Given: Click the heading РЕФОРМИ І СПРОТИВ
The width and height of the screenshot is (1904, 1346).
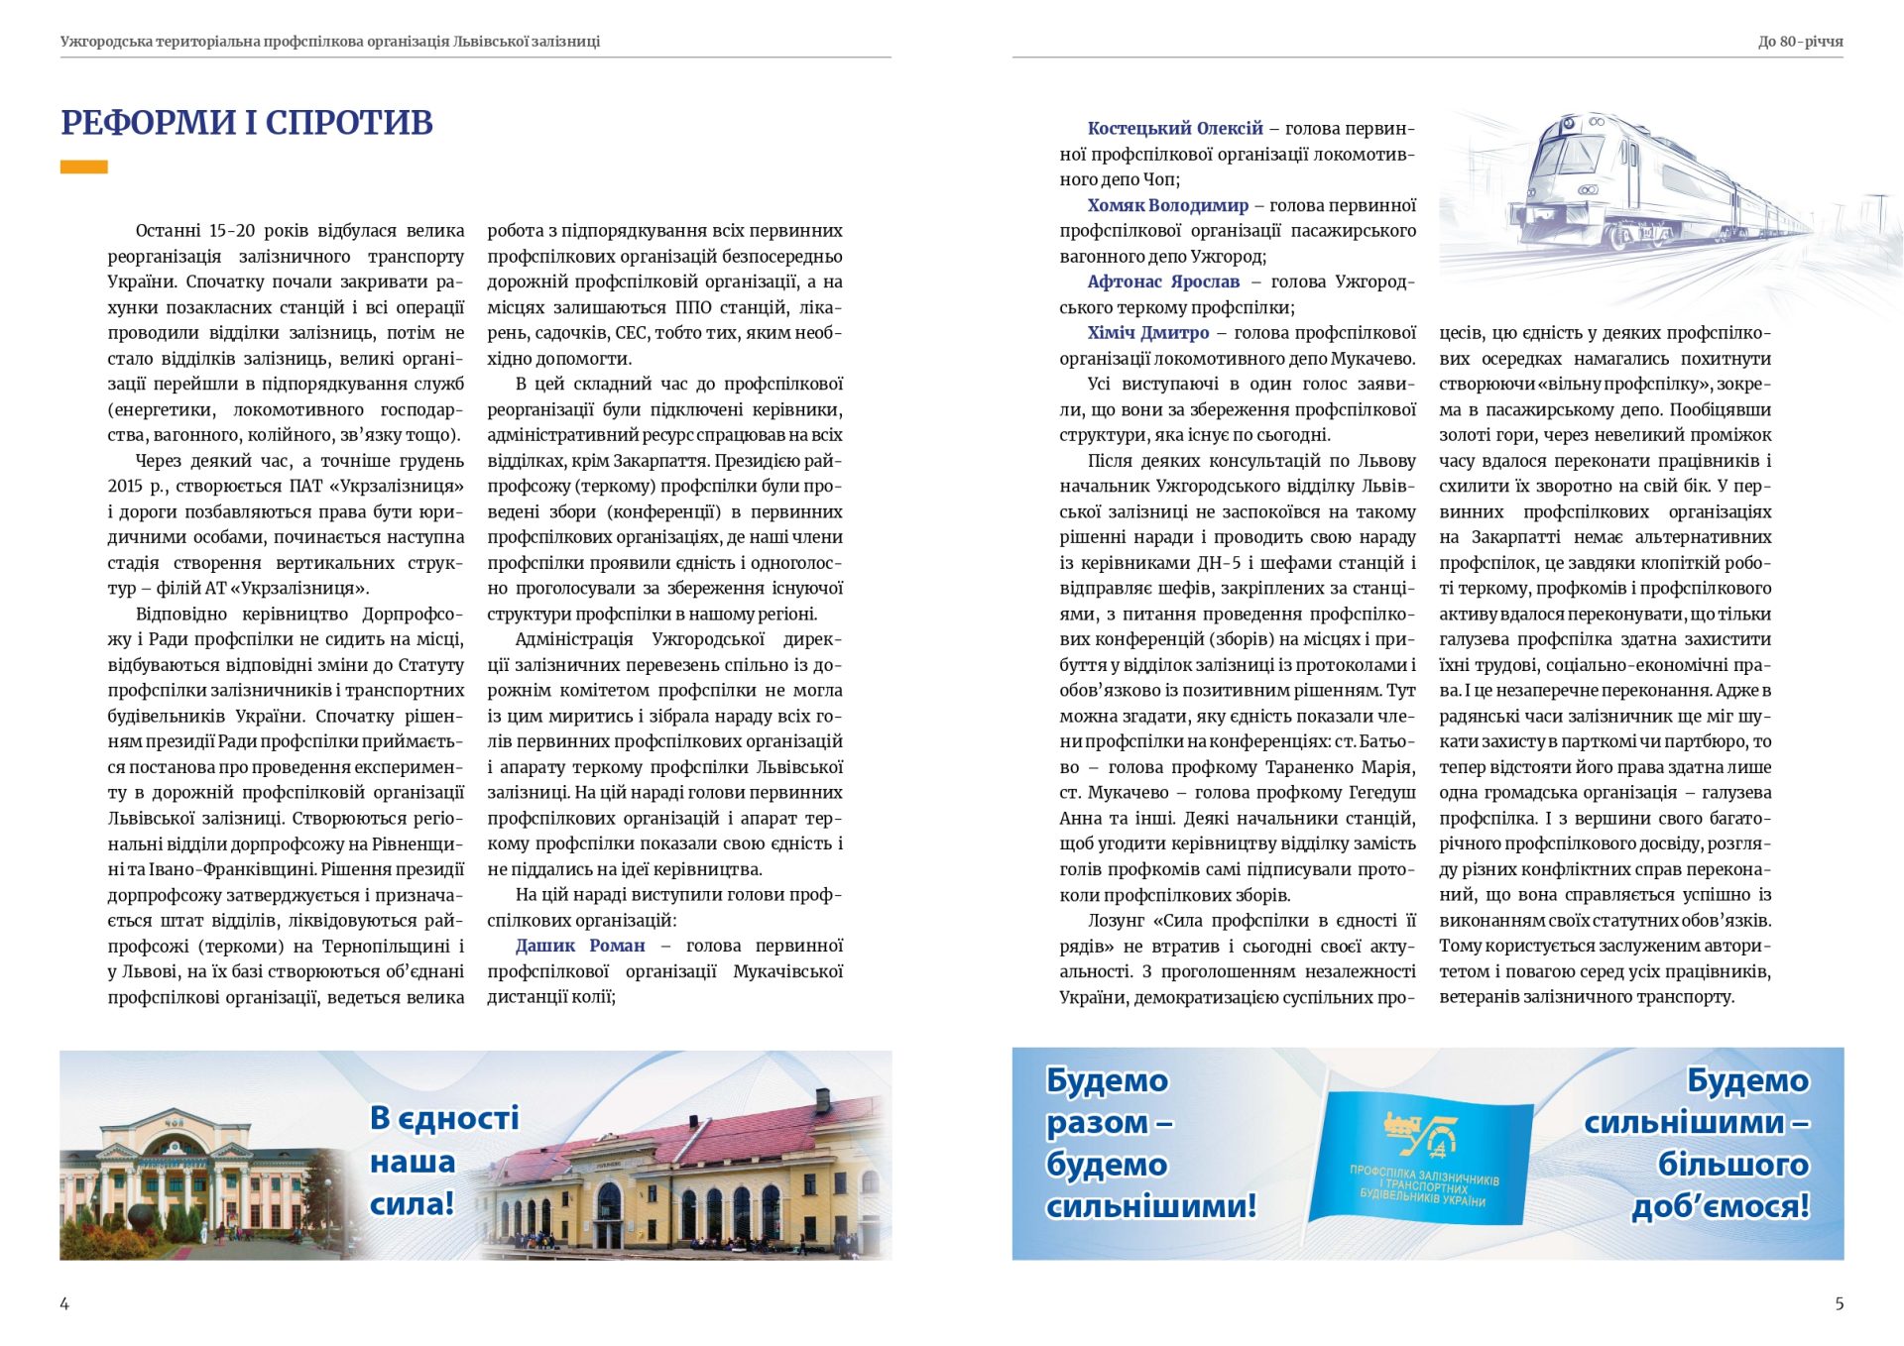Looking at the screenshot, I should (x=247, y=123).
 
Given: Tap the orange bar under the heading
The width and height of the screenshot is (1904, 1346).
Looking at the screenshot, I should (x=83, y=168).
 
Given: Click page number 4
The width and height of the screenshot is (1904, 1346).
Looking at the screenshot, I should (x=64, y=1303).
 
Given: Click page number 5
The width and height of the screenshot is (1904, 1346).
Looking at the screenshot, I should (x=1839, y=1303).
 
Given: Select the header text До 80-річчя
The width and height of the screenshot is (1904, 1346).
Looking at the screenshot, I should (x=1800, y=42).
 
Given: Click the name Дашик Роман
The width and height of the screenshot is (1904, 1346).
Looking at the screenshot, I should (x=580, y=946).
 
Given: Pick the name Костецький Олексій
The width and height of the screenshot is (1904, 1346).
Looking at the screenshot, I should (x=1175, y=128).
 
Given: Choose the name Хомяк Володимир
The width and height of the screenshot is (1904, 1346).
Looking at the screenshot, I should (x=1167, y=205).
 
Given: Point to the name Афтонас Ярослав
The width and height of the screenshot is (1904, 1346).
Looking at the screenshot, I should (x=1163, y=281).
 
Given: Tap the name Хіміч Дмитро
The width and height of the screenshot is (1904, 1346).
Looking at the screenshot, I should (x=1148, y=333).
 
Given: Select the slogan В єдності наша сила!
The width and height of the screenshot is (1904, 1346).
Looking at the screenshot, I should (x=443, y=1161).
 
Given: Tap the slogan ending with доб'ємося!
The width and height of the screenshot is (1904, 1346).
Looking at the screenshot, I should (x=1699, y=1143).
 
